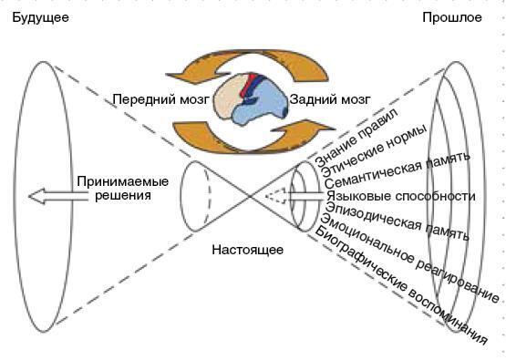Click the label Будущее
[x=40, y=18]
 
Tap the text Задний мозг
[x=330, y=99]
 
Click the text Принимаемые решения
[x=113, y=188]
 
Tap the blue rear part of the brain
[x=269, y=108]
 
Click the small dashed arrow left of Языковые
[x=276, y=195]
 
